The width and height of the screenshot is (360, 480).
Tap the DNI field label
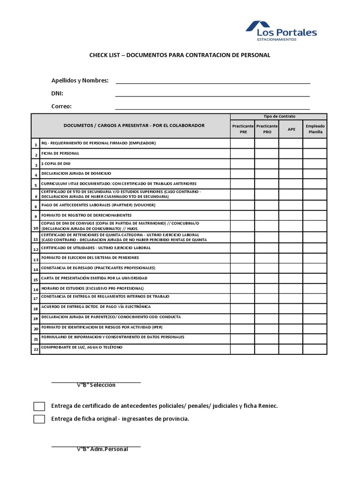coord(57,93)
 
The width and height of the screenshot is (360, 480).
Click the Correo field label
coord(61,106)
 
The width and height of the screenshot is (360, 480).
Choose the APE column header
coord(291,129)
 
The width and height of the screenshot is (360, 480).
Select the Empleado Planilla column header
coord(315,129)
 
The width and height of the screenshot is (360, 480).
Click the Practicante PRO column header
coord(267,129)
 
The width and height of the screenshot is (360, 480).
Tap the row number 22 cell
coord(35,349)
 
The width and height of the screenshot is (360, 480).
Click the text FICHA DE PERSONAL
coord(60,153)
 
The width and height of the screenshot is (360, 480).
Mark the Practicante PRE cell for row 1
coord(242,143)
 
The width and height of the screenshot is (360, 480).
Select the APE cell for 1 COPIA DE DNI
coord(291,164)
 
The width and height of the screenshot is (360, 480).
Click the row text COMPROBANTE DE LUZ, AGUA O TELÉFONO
coord(82,347)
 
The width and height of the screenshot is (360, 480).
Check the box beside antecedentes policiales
coord(39,406)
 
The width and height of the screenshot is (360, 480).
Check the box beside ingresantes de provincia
coord(39,419)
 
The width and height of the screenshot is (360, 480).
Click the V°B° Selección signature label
coord(96,385)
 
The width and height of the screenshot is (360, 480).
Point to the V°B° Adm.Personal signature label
coord(103,450)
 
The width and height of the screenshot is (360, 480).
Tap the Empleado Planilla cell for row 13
coord(315,258)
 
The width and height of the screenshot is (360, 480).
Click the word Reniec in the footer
coord(268,406)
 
